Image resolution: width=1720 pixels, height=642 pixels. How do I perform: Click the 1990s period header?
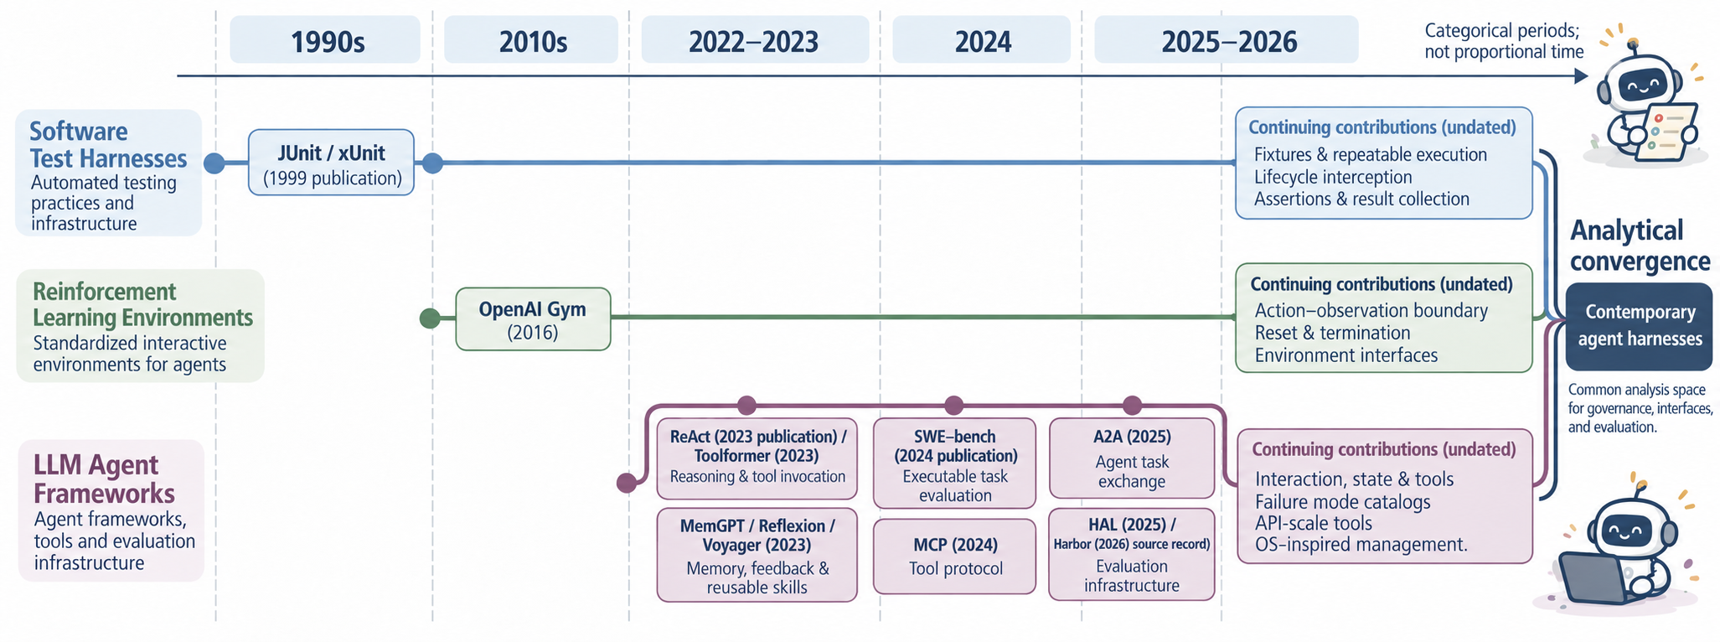pos(325,39)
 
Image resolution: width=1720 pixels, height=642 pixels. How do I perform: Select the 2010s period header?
pos(531,39)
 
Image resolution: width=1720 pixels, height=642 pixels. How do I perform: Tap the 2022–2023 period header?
pos(755,39)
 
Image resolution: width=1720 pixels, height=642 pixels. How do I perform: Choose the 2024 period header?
pos(981,39)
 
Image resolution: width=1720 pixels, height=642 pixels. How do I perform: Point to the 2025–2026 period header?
pos(1227,39)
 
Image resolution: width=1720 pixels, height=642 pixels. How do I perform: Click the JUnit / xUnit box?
pos(332,163)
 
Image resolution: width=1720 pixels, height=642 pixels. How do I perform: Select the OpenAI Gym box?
pos(533,318)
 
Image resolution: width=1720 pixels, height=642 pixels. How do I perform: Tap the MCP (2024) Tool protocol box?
pos(955,557)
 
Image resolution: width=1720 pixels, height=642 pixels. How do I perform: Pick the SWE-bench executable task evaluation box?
pos(955,463)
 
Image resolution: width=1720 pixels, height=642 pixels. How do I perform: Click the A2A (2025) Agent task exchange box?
pos(1132,458)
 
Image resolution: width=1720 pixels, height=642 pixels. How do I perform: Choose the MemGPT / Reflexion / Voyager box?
pos(757,555)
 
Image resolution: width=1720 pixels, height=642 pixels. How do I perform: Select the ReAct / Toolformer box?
pos(757,458)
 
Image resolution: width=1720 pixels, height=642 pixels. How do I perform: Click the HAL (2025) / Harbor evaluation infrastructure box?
pos(1132,554)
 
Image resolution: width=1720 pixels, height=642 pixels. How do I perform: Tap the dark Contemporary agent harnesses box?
pos(1639,326)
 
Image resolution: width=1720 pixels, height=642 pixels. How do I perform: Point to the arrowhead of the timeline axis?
pos(1581,76)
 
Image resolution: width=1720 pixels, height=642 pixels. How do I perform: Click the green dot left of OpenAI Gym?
pos(430,318)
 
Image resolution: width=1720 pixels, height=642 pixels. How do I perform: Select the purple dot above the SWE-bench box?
pos(953,406)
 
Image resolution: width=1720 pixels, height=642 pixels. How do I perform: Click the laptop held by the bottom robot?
pos(1591,577)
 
